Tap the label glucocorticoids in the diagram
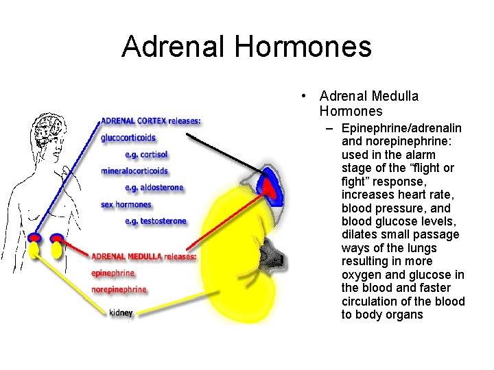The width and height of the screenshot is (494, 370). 128,138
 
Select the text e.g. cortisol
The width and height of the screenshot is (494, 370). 146,154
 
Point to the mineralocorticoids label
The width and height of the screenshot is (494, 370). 134,171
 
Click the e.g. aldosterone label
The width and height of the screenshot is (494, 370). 154,187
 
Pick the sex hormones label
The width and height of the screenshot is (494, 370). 126,204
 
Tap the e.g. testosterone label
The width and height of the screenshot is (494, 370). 155,221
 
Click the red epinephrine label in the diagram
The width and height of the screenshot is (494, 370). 113,273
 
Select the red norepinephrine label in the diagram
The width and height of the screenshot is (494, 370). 119,289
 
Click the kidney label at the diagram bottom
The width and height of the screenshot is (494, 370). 121,312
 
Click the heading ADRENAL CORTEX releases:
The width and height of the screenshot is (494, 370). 151,121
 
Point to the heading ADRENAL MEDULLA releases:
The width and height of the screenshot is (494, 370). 144,256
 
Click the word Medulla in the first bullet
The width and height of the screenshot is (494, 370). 395,97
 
